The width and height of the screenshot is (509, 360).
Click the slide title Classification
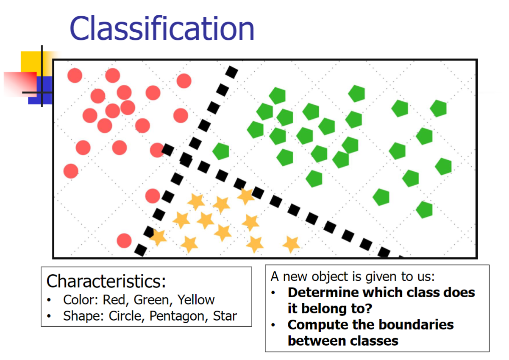click(x=162, y=28)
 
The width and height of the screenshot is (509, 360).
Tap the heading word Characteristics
click(x=106, y=281)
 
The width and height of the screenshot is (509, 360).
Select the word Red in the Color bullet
click(x=114, y=300)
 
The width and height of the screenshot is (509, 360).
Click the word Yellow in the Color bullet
click(x=196, y=300)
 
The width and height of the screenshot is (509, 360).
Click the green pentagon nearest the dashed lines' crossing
click(x=221, y=151)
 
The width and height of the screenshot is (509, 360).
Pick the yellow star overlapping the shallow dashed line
click(x=245, y=196)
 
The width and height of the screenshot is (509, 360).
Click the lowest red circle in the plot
click(x=124, y=240)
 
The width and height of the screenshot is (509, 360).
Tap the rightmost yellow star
click(x=291, y=244)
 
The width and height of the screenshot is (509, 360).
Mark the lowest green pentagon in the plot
click(x=424, y=209)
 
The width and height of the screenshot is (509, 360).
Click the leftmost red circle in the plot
click(x=71, y=171)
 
